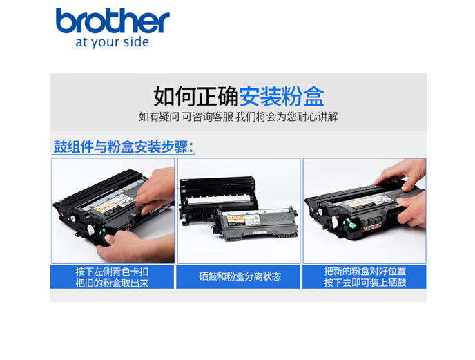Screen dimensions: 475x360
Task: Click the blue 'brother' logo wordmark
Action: [x=113, y=20]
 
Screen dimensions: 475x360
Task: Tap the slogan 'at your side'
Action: [x=112, y=42]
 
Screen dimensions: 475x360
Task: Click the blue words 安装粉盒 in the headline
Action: [x=282, y=96]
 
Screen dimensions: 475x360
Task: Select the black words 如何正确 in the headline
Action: [x=196, y=96]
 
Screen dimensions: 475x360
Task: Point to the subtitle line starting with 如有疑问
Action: [x=237, y=117]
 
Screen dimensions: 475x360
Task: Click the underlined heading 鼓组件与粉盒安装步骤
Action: [x=124, y=146]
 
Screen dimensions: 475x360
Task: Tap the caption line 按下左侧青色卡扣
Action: [x=112, y=272]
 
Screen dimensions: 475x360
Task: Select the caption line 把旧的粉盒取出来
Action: [x=112, y=283]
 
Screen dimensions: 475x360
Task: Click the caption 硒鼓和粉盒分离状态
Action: [x=240, y=276]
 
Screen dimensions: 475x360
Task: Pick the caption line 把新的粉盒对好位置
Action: [x=365, y=271]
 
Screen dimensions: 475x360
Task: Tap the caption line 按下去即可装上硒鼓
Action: [x=365, y=283]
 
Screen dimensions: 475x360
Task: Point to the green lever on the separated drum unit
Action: [x=184, y=219]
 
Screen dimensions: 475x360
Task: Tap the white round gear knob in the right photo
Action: [x=335, y=222]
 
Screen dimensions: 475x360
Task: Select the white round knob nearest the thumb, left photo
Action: [x=91, y=229]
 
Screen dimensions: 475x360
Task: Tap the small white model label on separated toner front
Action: [x=259, y=232]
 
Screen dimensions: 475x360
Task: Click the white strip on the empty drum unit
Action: [x=219, y=199]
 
